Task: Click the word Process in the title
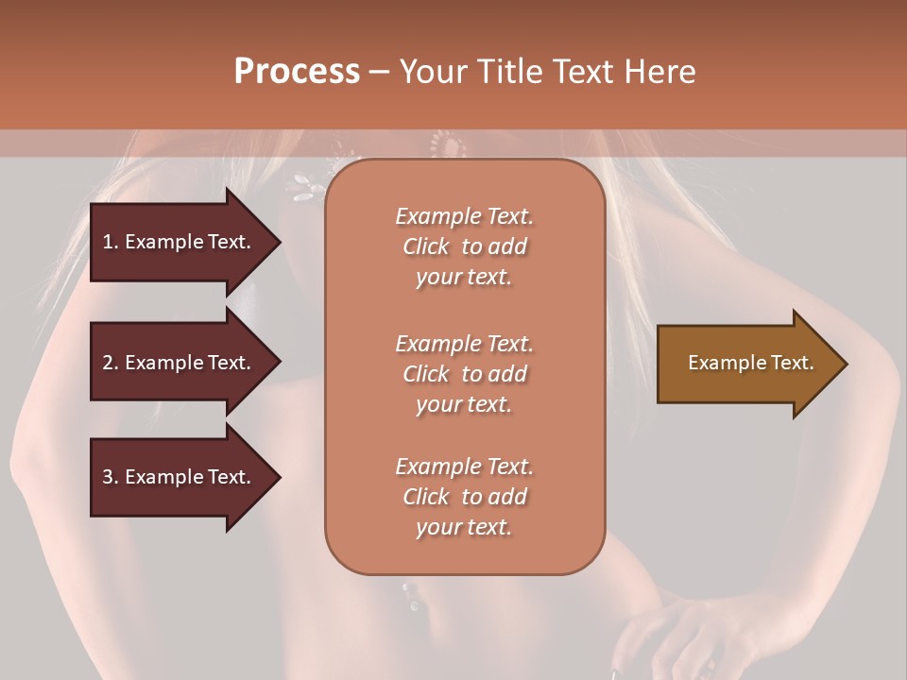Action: point(297,72)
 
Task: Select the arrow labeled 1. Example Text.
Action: point(180,242)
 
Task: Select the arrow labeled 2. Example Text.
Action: point(180,363)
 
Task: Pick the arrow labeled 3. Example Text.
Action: point(180,477)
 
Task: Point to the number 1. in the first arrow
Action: point(110,242)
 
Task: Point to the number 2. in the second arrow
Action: point(110,363)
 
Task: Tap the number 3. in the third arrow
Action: point(110,477)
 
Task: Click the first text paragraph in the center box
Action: point(464,246)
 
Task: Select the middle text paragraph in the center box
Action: point(464,374)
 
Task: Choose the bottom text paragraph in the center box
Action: point(464,497)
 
